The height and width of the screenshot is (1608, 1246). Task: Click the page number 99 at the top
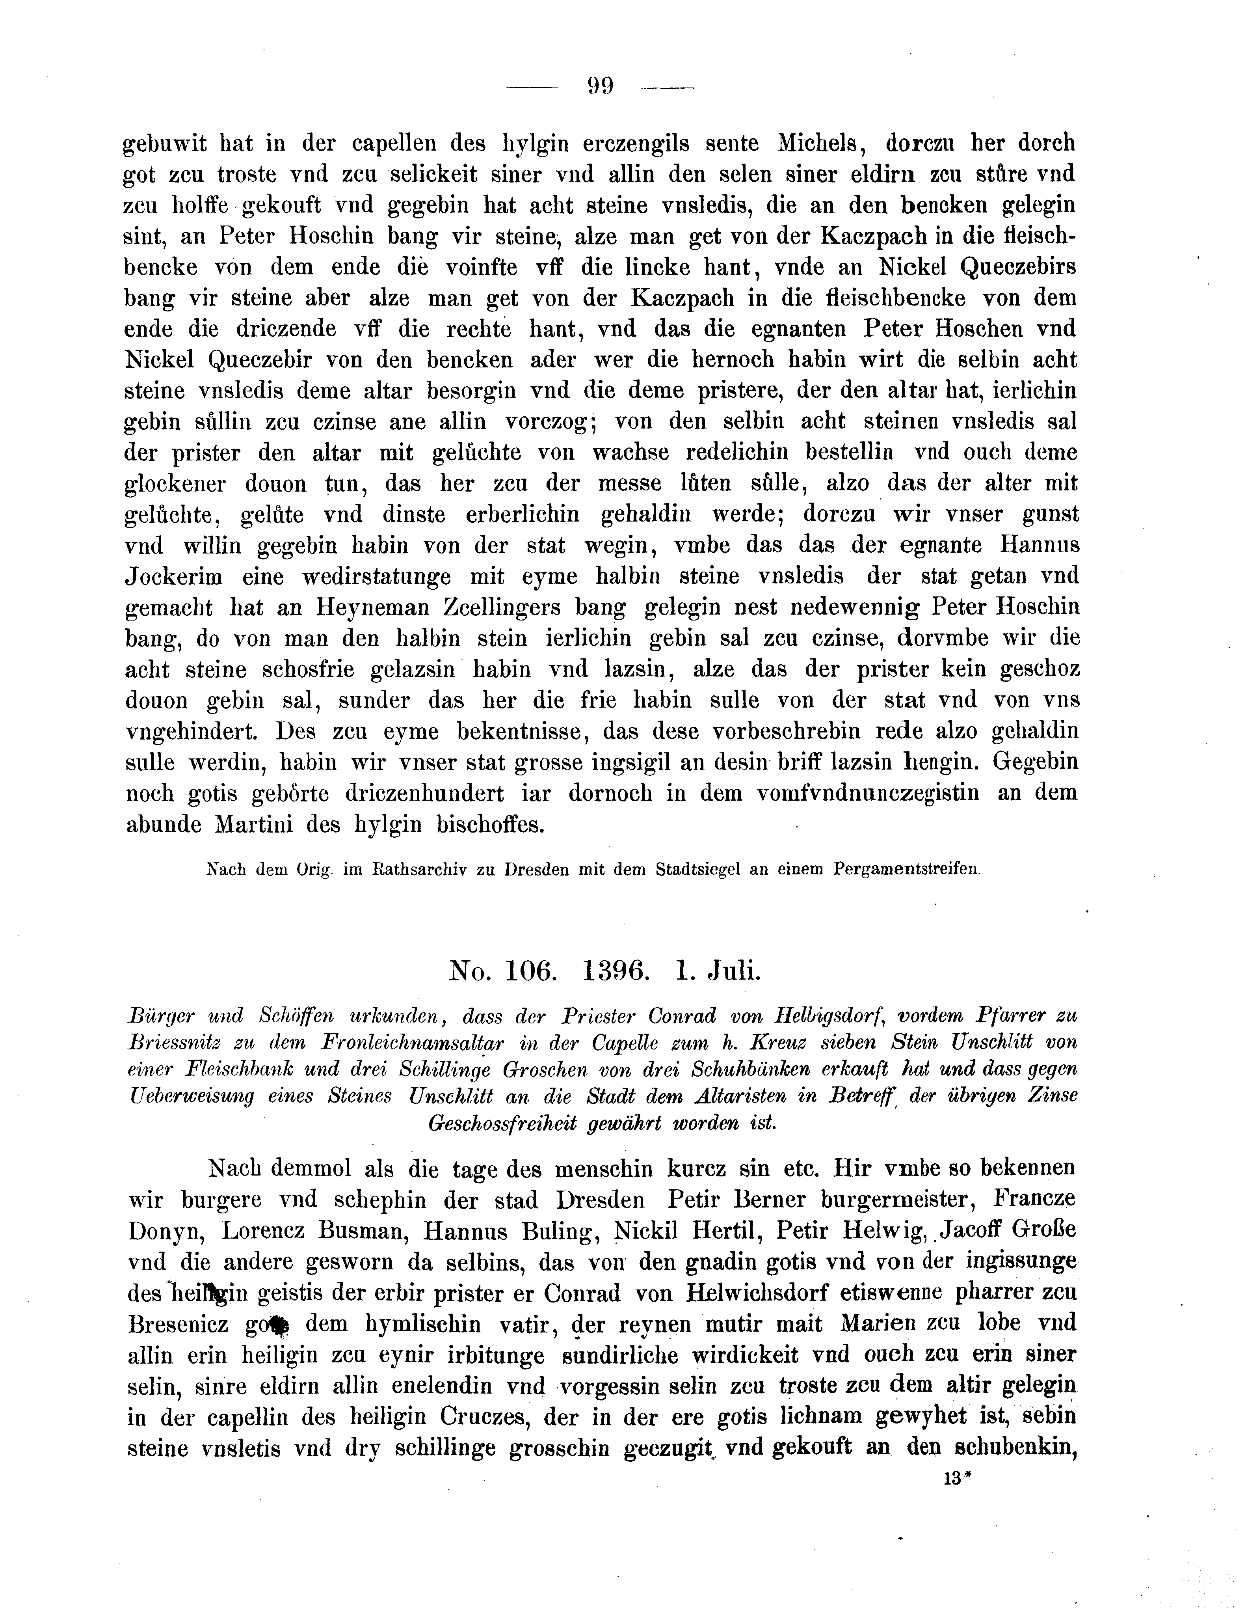tap(601, 87)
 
